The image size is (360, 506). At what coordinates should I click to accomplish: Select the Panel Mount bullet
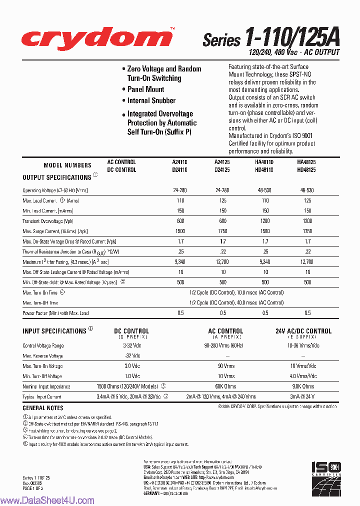(145, 89)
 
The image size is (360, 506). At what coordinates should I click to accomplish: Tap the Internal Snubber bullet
(151, 100)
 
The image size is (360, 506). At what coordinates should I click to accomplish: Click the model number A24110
(179, 162)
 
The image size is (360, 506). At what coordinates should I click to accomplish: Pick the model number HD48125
(306, 170)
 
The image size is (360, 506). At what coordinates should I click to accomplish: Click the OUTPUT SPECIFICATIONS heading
(56, 177)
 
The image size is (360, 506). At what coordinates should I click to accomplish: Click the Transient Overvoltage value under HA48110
(265, 221)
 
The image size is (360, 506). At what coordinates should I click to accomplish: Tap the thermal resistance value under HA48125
(307, 251)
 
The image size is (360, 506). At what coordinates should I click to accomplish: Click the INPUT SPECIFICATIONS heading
(54, 331)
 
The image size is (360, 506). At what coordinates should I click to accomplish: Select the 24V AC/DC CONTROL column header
(303, 331)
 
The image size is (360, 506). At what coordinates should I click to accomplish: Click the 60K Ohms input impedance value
(225, 386)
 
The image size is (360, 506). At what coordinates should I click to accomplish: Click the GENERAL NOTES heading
(43, 408)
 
